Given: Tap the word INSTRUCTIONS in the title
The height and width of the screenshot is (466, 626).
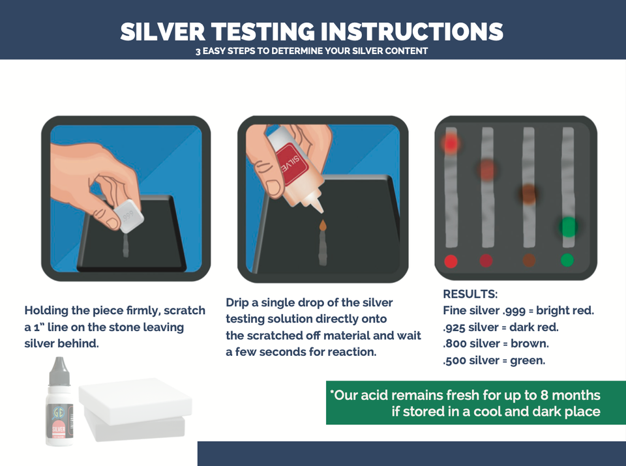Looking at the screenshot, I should pyautogui.click(x=404, y=32).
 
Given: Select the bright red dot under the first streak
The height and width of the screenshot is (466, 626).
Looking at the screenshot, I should pyautogui.click(x=451, y=261).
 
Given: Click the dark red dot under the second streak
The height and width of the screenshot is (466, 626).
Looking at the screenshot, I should pyautogui.click(x=486, y=261).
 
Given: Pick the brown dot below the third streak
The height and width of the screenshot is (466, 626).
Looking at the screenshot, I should pyautogui.click(x=529, y=261).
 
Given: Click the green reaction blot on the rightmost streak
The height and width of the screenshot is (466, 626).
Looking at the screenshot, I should pyautogui.click(x=569, y=227).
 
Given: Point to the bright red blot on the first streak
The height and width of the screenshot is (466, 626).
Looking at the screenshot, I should pyautogui.click(x=451, y=143).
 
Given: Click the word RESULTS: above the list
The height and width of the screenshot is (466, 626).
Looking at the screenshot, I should pyautogui.click(x=470, y=294).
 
